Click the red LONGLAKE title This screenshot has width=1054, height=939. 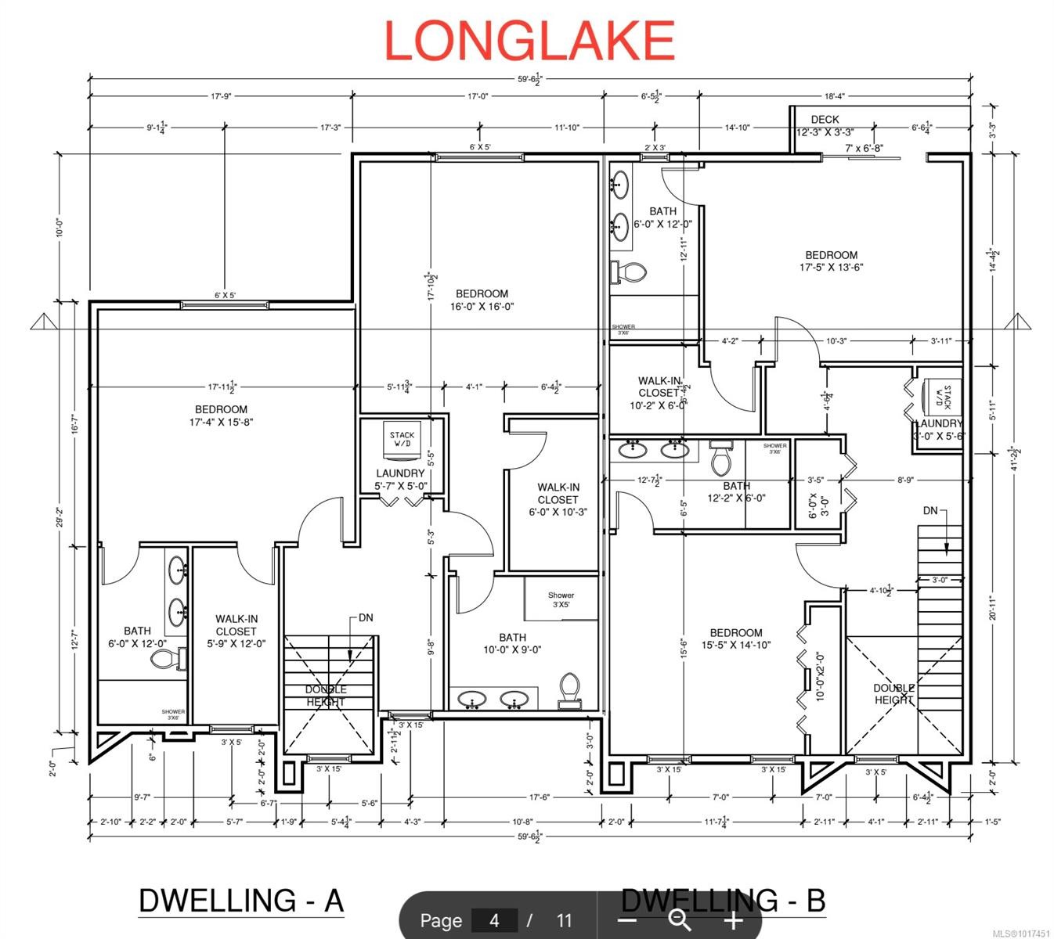point(529,41)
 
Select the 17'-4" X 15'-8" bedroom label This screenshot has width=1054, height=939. point(221,416)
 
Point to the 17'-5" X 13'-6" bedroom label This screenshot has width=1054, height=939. point(831,261)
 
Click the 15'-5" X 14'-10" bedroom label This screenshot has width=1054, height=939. point(735,639)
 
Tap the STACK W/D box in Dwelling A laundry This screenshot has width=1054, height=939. point(402,440)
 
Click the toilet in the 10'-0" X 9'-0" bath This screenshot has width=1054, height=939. point(570,690)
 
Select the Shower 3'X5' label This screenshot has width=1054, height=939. point(561,600)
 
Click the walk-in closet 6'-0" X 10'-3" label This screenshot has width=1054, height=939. point(558,499)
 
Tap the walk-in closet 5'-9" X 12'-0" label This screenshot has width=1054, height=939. point(236,631)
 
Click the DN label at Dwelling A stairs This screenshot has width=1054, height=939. point(365,617)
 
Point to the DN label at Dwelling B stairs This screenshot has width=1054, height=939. point(929,510)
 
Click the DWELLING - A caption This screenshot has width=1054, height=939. point(241,900)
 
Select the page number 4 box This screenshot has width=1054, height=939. point(494,920)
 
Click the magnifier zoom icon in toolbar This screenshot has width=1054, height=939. point(679,920)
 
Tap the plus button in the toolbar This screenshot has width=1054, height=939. point(733,920)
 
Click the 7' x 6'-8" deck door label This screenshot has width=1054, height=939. point(864,147)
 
